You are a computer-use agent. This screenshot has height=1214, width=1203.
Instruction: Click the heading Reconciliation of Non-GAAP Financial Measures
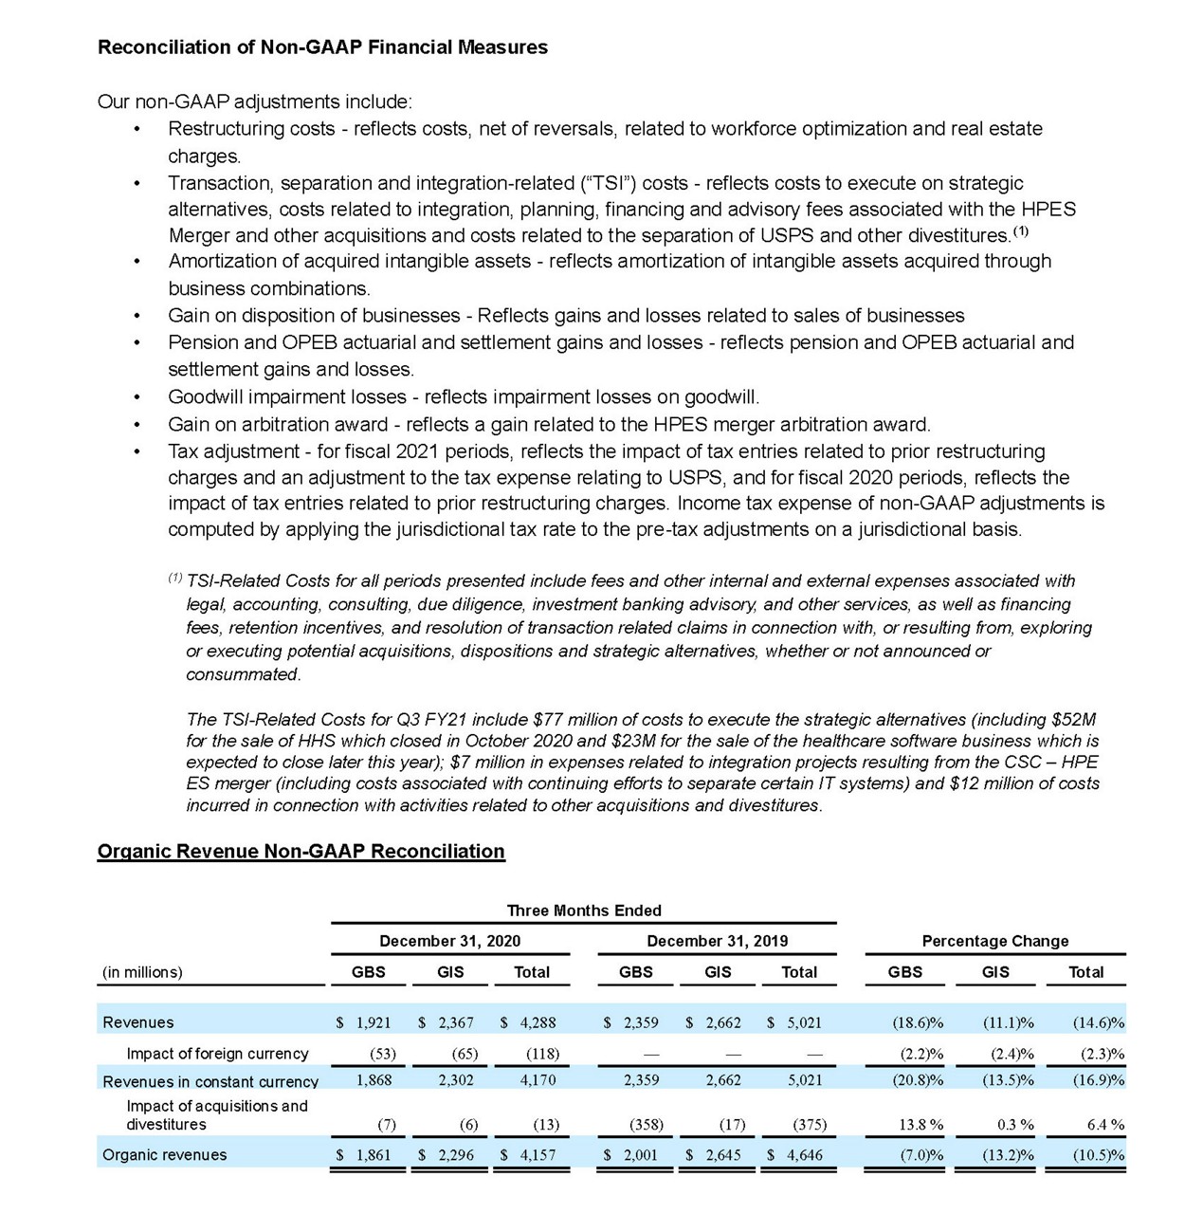pos(322,47)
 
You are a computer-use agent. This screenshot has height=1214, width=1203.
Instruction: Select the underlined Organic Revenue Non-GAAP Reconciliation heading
pos(301,851)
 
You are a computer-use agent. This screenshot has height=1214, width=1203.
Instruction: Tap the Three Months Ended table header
pos(584,910)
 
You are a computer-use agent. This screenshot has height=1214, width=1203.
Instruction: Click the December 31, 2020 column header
pos(449,941)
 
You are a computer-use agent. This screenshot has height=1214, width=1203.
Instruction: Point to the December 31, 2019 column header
pos(717,941)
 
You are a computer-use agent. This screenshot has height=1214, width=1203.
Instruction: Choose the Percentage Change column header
pos(994,941)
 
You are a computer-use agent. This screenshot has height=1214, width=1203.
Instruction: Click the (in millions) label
pos(142,972)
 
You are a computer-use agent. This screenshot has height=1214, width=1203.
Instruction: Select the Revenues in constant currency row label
pos(210,1081)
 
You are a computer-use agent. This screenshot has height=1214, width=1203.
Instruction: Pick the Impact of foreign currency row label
pos(217,1054)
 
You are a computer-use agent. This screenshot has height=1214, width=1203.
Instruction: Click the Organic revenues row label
pos(165,1155)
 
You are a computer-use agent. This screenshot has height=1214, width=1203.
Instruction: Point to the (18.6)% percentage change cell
pos(918,1022)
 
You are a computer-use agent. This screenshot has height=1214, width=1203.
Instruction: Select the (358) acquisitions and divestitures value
pos(647,1125)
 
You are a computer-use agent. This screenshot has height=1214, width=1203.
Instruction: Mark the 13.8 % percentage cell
pos(920,1125)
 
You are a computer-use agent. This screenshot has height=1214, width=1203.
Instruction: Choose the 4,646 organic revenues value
pos(804,1155)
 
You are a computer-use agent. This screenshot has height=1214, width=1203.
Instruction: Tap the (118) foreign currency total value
pos(542,1054)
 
